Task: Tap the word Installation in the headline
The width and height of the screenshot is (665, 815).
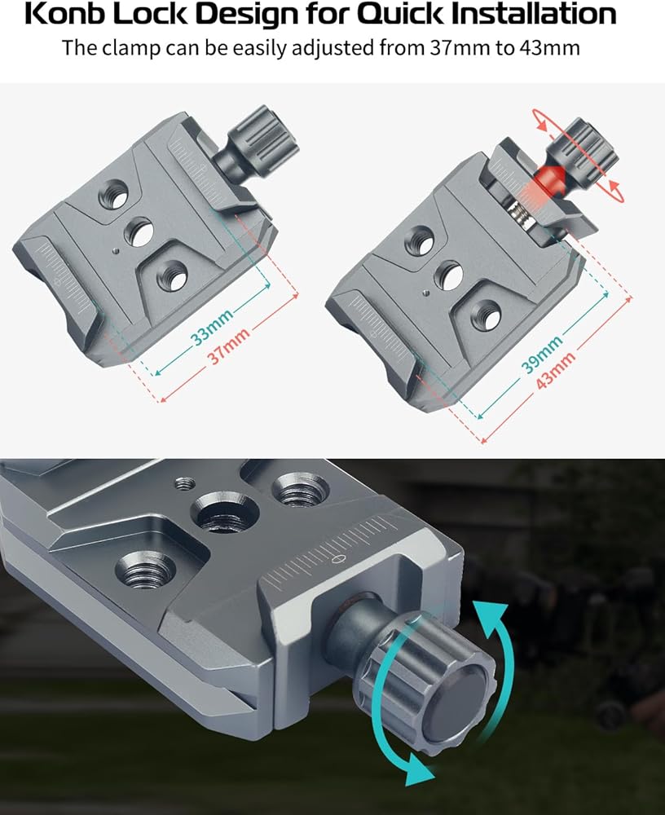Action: pos(534,14)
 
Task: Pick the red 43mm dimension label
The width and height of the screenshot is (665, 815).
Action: pos(555,370)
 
